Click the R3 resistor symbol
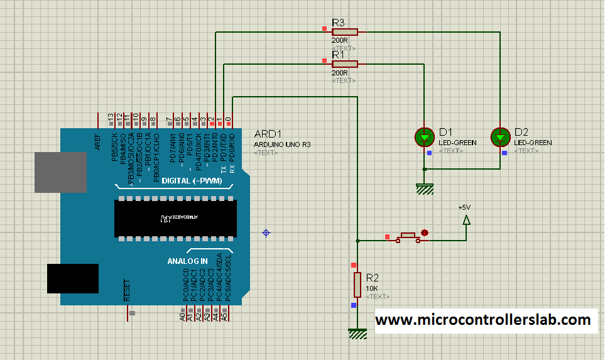(345, 31)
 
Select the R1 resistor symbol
(345, 63)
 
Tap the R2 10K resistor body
(357, 285)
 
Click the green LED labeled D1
(425, 136)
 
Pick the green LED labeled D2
(500, 136)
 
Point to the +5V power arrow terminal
(466, 220)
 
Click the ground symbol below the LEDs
(425, 188)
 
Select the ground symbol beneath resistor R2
(357, 334)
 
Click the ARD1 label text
(268, 134)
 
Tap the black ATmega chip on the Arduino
(175, 218)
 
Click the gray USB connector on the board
(60, 172)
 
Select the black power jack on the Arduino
(73, 278)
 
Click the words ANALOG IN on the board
(187, 261)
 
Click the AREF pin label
(98, 143)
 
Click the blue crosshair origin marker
(266, 232)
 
